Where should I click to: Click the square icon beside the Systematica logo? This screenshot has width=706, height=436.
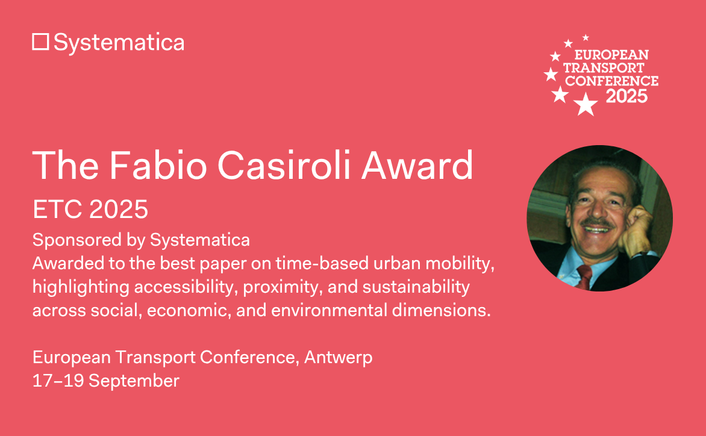coord(40,42)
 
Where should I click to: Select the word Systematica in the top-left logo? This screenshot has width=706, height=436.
coord(119,42)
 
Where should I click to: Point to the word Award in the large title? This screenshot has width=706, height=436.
coord(417,166)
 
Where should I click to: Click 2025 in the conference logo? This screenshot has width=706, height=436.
coord(626,96)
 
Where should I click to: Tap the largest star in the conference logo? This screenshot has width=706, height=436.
coord(585,105)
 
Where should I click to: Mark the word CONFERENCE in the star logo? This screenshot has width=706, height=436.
coord(611,80)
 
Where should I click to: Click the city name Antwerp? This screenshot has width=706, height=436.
coord(338,357)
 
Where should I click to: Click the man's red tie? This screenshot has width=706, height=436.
coord(584,275)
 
